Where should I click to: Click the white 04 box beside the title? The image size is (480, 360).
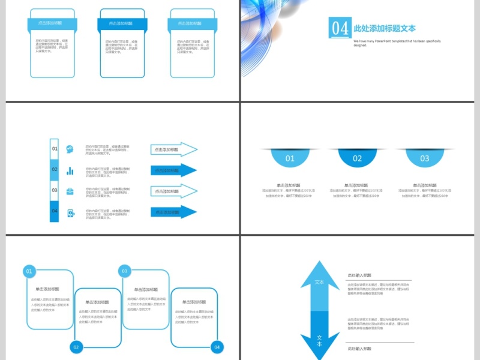(x=340, y=28)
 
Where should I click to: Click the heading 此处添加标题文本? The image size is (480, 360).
(x=385, y=28)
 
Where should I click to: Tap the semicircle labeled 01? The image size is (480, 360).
(x=290, y=158)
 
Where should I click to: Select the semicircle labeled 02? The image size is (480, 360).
(x=358, y=158)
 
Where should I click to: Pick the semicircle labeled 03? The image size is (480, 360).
(x=425, y=158)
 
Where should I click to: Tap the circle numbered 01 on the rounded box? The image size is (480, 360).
(x=29, y=272)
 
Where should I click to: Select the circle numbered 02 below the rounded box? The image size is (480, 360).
(x=76, y=347)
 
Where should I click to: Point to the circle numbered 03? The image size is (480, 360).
(x=125, y=271)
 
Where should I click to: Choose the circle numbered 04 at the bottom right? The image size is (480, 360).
(x=217, y=347)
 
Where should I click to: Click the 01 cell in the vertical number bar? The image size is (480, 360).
(x=55, y=149)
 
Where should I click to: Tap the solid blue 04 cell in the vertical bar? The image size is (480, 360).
(x=55, y=211)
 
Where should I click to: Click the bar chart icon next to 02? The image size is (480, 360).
(x=70, y=170)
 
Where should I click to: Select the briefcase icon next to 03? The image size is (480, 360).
(x=70, y=191)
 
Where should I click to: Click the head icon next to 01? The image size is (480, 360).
(x=70, y=149)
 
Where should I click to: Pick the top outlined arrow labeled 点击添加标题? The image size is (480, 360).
(x=173, y=149)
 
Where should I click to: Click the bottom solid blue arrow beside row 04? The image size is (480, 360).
(x=173, y=212)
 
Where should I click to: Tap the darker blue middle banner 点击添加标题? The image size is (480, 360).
(x=122, y=24)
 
